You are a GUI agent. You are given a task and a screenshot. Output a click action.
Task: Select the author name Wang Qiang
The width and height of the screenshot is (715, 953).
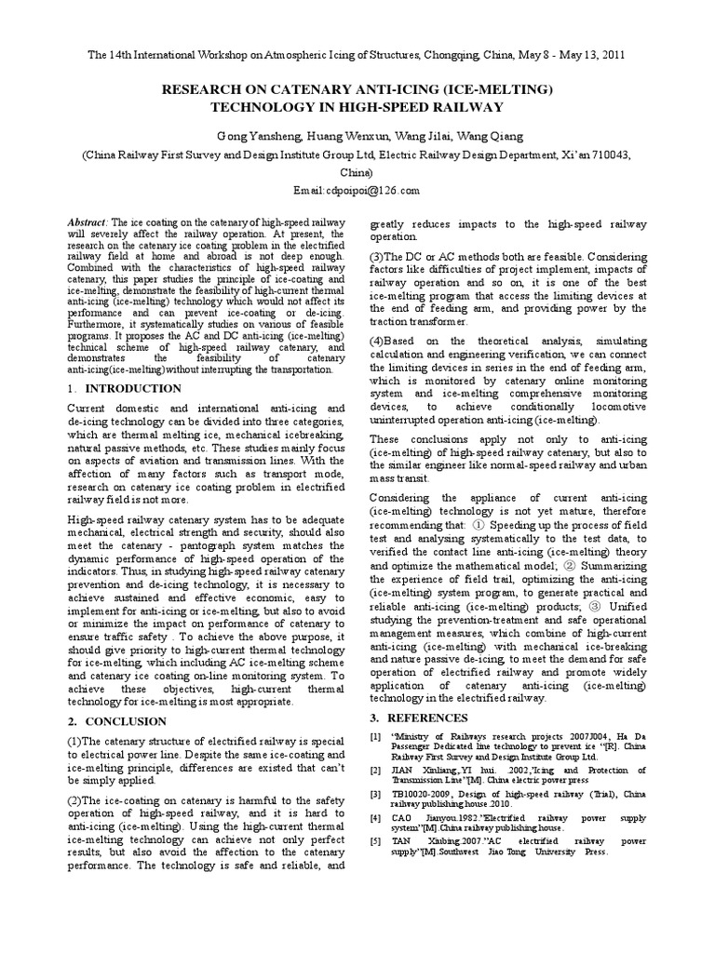[x=474, y=134]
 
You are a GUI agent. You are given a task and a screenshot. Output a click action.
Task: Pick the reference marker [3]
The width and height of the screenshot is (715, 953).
[x=375, y=793]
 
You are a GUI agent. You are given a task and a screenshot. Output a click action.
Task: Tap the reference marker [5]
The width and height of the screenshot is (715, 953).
[x=375, y=840]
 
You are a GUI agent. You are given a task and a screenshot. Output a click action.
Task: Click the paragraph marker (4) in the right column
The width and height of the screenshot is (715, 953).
[x=380, y=342]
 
